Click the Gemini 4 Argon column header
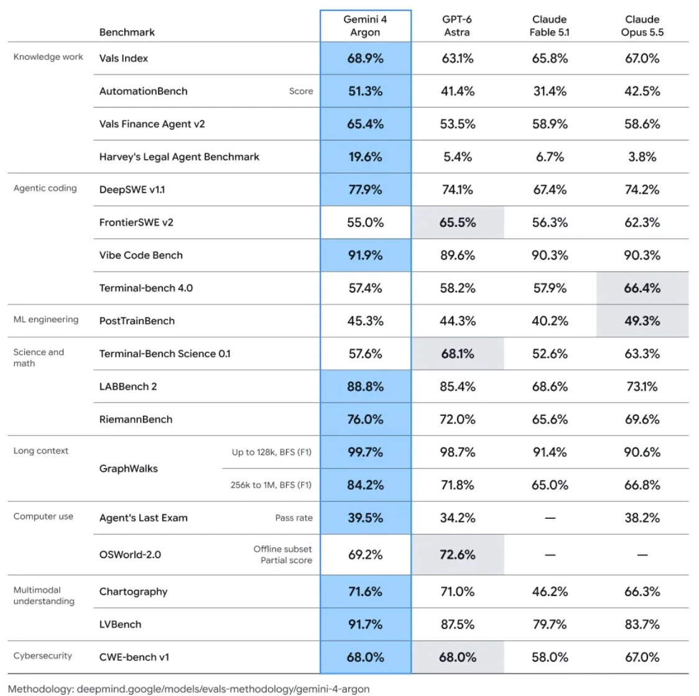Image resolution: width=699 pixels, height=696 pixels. [x=365, y=26]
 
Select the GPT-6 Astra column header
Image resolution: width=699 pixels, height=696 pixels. [x=457, y=26]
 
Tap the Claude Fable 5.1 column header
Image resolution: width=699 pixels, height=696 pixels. [x=549, y=26]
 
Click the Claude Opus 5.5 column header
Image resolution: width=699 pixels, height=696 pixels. [x=642, y=26]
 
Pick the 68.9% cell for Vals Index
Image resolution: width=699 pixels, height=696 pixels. [x=365, y=58]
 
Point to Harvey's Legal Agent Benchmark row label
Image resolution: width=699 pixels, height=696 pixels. [x=179, y=157]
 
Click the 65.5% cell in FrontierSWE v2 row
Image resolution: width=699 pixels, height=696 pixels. [x=457, y=222]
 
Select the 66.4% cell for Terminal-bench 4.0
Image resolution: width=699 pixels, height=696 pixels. [x=642, y=288]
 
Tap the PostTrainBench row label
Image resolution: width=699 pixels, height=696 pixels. [x=137, y=321]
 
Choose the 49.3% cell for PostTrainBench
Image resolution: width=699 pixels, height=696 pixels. [x=642, y=321]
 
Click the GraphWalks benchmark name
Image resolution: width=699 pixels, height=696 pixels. [x=128, y=469]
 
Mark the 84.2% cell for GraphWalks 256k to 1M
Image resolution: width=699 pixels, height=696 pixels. [x=365, y=485]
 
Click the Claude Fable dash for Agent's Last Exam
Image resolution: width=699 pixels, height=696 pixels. [x=550, y=518]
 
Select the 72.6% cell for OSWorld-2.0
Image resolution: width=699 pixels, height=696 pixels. [x=457, y=555]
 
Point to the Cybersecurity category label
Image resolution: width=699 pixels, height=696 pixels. [x=42, y=656]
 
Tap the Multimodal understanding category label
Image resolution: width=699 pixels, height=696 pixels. [x=44, y=596]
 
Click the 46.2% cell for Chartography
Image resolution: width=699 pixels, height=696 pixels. [x=550, y=592]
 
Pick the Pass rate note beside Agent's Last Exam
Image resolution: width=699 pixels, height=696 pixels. [x=294, y=518]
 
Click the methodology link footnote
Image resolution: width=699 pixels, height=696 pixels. [x=188, y=689]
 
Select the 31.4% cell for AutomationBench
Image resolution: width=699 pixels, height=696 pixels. [x=550, y=91]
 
